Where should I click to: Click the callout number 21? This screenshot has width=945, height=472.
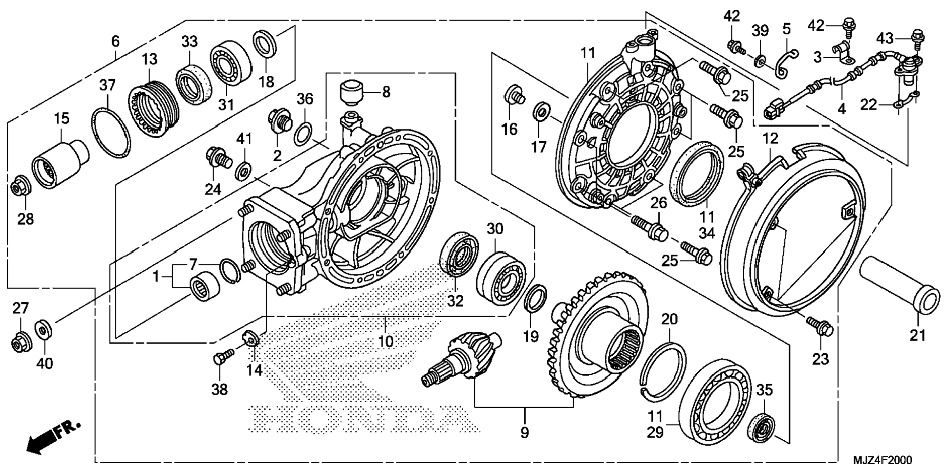tap(917, 336)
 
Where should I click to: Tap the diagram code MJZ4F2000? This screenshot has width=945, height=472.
tap(882, 460)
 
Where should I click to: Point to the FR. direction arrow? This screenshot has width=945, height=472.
tap(52, 437)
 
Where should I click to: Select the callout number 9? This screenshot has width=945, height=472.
tap(524, 433)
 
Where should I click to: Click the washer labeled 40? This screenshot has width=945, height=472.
tap(43, 329)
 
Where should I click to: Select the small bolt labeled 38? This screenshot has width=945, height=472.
tap(219, 360)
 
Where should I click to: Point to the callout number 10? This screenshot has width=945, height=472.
tap(386, 341)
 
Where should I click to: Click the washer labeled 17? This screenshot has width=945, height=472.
tap(540, 112)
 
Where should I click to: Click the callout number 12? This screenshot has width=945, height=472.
tap(770, 139)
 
